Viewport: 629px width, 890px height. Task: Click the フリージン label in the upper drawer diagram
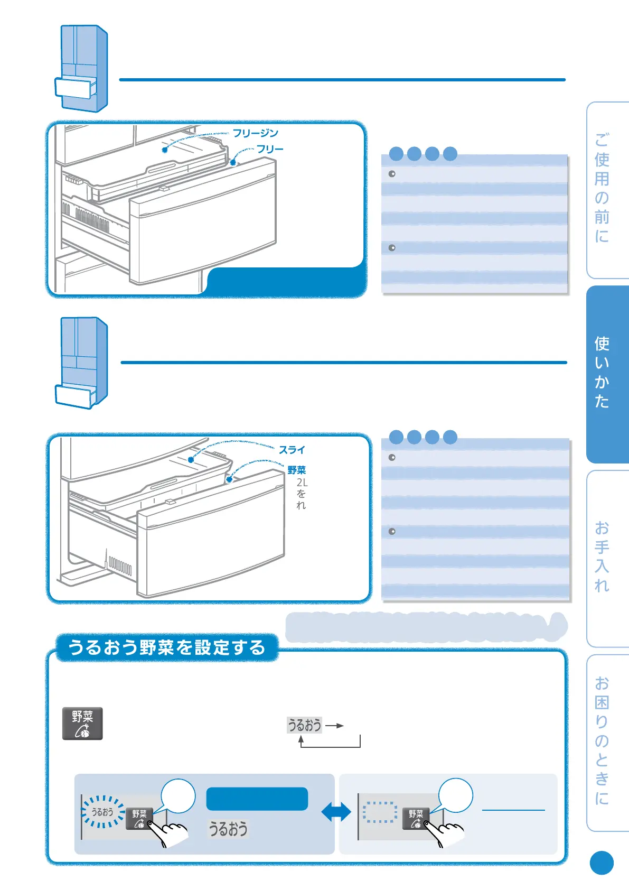pos(256,133)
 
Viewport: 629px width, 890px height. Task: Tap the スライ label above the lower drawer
pos(292,450)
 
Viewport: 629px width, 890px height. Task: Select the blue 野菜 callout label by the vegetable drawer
pos(297,470)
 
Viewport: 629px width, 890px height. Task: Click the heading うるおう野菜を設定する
pos(167,647)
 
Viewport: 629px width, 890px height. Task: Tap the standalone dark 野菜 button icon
pos(82,724)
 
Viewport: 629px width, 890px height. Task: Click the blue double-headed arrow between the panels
pos(336,812)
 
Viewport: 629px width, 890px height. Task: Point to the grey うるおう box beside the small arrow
pos(304,725)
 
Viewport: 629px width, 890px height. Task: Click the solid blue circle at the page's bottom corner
pos(602,863)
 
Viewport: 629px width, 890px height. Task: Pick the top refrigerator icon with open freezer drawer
pos(81,69)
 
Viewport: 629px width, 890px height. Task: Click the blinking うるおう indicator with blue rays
pos(102,812)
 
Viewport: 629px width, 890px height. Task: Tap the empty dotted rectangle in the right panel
pos(380,812)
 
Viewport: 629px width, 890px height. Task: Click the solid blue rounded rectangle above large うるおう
pos(257,799)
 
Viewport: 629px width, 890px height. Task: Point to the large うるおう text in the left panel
pos(228,829)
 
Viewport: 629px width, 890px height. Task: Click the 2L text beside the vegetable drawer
pos(302,483)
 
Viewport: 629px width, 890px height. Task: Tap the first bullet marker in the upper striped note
pos(392,174)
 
